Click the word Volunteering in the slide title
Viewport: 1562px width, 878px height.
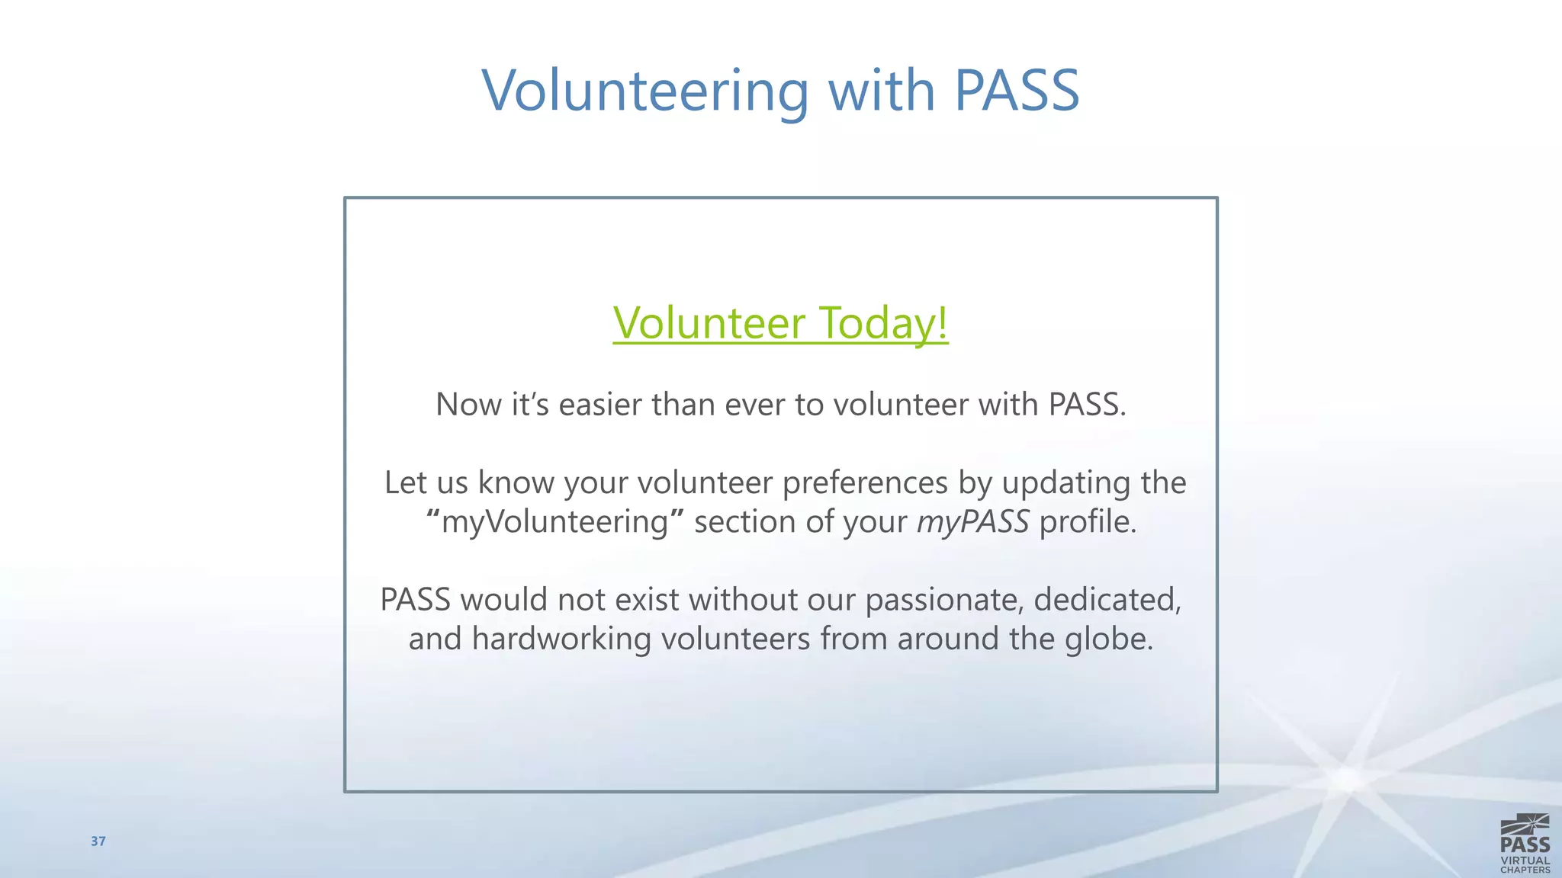pos(645,91)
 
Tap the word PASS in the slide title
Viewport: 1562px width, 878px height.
pos(1017,91)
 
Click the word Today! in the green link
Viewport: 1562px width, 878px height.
pos(883,322)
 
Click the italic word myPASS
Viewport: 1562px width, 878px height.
pos(972,523)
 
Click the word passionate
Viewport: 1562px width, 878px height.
pos(944,601)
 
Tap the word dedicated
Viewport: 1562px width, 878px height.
pos(1107,600)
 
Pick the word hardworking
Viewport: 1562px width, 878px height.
pos(561,639)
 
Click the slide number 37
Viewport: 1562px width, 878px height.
pos(98,841)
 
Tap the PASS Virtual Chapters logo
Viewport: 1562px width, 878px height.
pos(1525,844)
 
